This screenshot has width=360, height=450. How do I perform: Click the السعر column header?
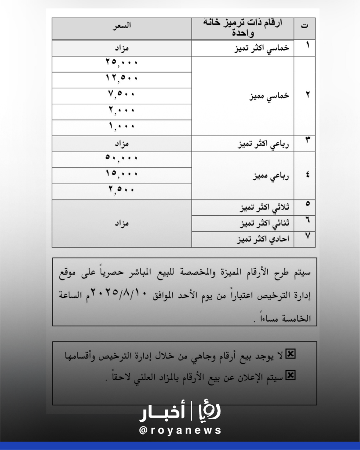[x=122, y=26]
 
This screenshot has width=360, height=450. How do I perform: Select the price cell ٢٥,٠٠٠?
[x=122, y=62]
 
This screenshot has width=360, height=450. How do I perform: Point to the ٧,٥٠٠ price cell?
[x=122, y=94]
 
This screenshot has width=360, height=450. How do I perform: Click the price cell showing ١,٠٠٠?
[x=122, y=126]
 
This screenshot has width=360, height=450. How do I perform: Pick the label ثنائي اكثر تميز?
[x=264, y=223]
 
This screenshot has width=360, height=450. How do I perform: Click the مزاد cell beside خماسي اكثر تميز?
[x=122, y=48]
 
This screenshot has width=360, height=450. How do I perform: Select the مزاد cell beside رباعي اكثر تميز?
[x=122, y=143]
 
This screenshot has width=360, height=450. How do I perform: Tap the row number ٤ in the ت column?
[x=307, y=175]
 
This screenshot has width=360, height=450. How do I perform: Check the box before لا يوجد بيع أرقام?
[x=291, y=354]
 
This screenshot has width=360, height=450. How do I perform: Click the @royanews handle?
[x=180, y=431]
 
